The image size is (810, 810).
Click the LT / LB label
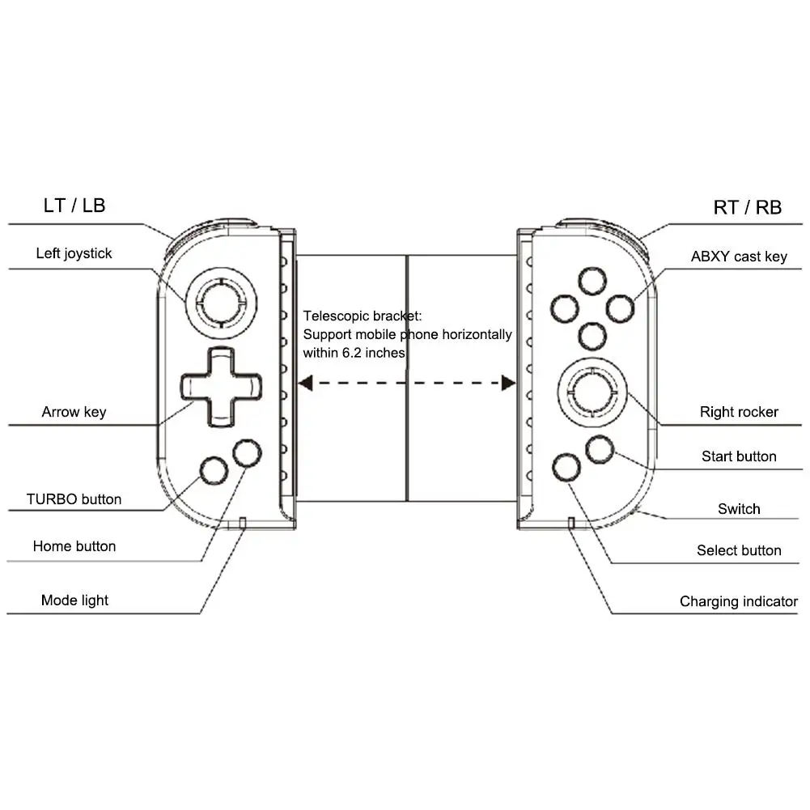point(74,206)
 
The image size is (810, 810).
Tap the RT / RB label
point(747,208)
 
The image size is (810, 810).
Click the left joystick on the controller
point(221,302)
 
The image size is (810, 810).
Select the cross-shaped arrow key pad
point(221,387)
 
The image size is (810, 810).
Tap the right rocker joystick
point(592,392)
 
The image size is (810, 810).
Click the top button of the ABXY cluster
point(592,282)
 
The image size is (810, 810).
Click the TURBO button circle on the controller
point(214,471)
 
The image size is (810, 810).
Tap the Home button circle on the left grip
point(247,453)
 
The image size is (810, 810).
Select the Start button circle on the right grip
point(600,449)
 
